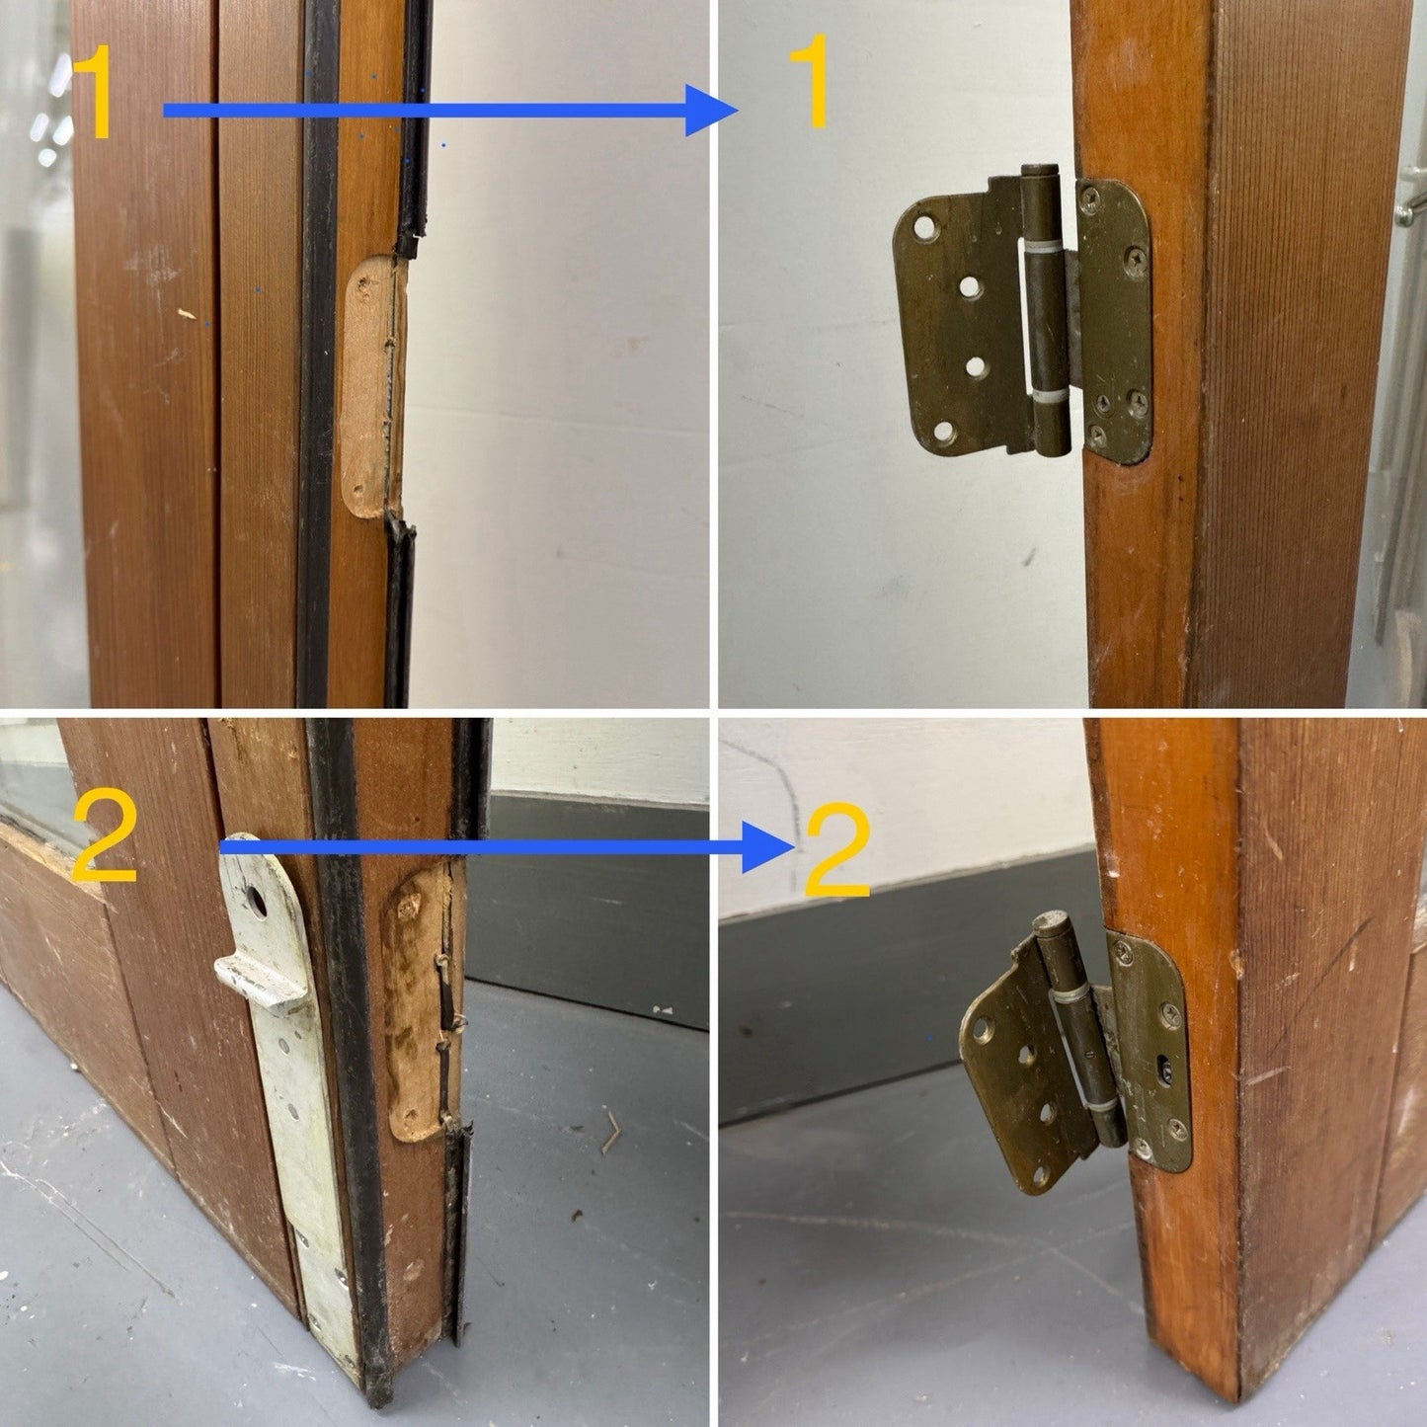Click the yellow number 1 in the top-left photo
[x=93, y=92]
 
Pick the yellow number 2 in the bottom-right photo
[x=836, y=850]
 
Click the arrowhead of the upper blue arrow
[x=711, y=111]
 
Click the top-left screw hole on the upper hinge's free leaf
[x=925, y=227]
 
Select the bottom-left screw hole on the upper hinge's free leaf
[x=943, y=432]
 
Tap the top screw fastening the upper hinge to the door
[x=1089, y=197]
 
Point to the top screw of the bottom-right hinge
[x=1123, y=952]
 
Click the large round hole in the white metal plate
[x=256, y=902]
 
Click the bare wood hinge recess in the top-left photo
[x=372, y=386]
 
